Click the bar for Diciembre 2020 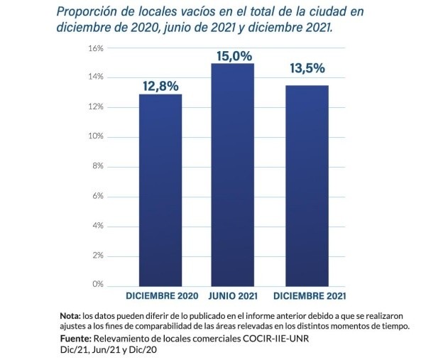click(160, 190)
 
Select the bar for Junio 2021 click(231, 174)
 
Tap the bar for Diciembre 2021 click(307, 185)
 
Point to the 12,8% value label click(160, 85)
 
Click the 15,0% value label click(231, 55)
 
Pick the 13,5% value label click(307, 69)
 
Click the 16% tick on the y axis click(96, 48)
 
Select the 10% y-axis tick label click(96, 136)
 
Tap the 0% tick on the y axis click(98, 284)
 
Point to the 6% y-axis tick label click(98, 195)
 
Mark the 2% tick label click(98, 254)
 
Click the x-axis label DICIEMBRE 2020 click(161, 295)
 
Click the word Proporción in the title click(89, 12)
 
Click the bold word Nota click(70, 315)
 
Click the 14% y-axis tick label click(96, 77)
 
